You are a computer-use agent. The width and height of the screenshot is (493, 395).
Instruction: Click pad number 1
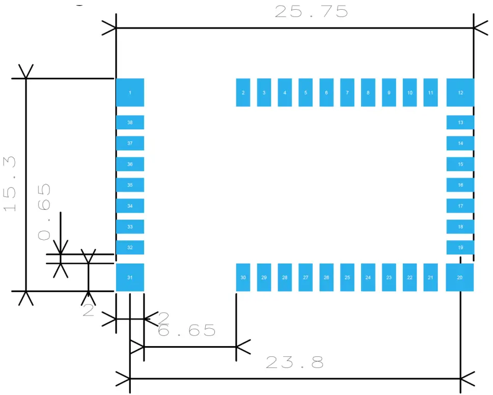click(x=130, y=93)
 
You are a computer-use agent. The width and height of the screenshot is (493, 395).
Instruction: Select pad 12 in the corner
click(x=460, y=93)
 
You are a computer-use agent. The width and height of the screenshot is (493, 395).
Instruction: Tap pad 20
click(x=459, y=277)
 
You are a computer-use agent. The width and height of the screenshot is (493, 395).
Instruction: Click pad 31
click(x=130, y=277)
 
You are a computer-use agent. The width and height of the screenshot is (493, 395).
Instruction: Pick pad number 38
click(x=130, y=123)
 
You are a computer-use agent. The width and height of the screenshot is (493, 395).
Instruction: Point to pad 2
click(x=243, y=93)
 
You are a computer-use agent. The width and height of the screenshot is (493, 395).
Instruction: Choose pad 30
click(x=243, y=277)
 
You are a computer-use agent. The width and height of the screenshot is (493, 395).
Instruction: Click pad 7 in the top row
click(x=347, y=93)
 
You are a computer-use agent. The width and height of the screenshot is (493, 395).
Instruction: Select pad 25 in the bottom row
click(x=347, y=277)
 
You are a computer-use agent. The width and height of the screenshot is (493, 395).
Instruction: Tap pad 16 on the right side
click(x=460, y=185)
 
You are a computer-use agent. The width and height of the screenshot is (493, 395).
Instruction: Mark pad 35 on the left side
click(x=130, y=185)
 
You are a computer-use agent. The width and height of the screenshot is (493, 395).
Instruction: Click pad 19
click(x=460, y=247)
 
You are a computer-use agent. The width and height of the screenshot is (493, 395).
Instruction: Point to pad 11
click(x=430, y=93)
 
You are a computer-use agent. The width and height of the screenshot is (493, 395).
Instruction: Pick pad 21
click(x=430, y=277)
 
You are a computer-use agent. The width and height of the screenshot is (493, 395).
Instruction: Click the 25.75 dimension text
click(x=311, y=12)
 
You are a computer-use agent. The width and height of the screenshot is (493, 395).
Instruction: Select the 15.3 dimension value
click(x=11, y=184)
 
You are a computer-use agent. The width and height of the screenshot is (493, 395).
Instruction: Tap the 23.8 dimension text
click(x=295, y=362)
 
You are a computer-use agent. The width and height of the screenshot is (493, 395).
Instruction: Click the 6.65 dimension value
click(x=187, y=331)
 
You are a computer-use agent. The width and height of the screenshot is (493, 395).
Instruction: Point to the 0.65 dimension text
click(x=44, y=212)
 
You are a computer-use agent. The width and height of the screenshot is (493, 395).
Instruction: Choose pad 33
click(x=130, y=227)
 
